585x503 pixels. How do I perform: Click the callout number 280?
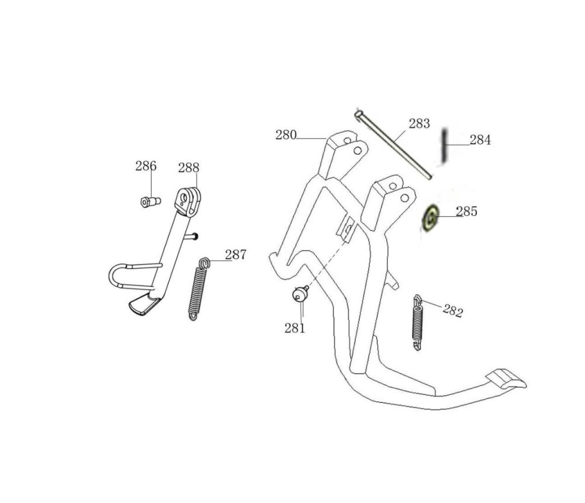(286, 135)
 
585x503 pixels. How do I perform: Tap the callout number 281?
(295, 328)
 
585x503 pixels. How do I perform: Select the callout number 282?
(453, 311)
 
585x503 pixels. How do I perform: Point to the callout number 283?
(419, 123)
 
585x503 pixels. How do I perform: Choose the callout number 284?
(480, 140)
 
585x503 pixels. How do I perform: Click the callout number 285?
(466, 211)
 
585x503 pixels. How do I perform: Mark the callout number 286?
(146, 166)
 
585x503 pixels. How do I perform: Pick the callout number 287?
(236, 255)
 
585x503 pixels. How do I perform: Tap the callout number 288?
(189, 168)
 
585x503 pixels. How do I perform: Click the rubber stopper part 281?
(300, 294)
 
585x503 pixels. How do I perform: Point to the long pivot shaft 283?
(393, 144)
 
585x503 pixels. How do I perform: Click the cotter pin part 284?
(446, 146)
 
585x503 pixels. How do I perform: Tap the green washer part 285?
(430, 218)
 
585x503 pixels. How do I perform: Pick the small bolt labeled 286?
(150, 202)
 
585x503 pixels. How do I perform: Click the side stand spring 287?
(198, 290)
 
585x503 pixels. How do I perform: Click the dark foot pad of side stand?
(143, 304)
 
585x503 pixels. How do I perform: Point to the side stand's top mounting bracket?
(188, 201)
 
